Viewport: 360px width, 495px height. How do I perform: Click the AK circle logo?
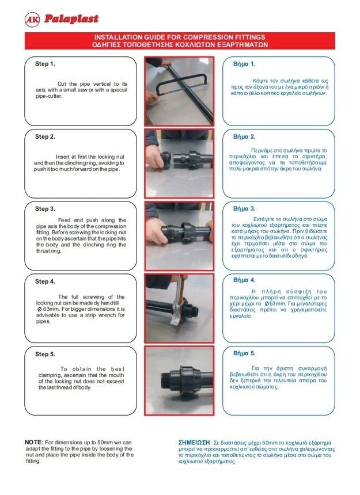pos(32,20)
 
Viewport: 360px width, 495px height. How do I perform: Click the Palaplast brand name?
pos(71,19)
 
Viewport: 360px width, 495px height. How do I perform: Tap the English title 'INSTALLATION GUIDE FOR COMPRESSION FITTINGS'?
pos(180,37)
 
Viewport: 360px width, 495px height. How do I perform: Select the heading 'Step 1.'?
pos(45,64)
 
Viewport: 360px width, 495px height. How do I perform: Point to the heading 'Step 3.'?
pos(45,209)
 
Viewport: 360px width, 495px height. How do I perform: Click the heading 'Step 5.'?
pos(45,354)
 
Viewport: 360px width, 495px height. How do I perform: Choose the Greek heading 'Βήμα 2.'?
pos(244,136)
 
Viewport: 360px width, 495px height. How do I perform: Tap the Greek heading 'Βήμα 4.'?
pos(244,280)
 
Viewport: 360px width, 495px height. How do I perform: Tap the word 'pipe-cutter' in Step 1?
pos(49,96)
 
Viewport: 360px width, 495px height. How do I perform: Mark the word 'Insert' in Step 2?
pos(62,157)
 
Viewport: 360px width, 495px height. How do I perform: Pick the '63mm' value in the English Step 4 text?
pos(51,309)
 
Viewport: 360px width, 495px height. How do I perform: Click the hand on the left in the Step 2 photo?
pos(156,157)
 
